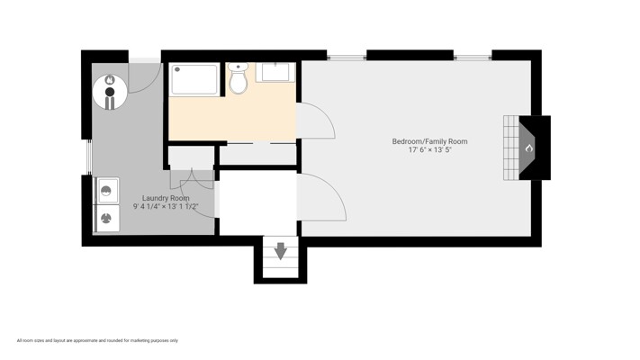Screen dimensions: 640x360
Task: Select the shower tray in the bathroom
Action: (x=194, y=79)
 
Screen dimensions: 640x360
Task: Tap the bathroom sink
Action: (x=275, y=72)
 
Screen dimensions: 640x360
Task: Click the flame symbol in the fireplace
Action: (x=529, y=148)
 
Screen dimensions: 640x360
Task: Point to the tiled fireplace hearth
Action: (x=510, y=148)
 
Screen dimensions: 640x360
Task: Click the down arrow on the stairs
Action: (x=281, y=251)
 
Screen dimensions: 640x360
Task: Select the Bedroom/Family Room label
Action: (x=429, y=141)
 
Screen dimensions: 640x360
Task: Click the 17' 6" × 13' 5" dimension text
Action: (x=429, y=149)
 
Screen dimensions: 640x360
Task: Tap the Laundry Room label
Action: (x=166, y=198)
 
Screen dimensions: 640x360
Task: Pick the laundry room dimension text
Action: (x=166, y=206)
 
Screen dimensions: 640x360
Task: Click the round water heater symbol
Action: (x=110, y=92)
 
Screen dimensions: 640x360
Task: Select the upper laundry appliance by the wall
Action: (x=106, y=191)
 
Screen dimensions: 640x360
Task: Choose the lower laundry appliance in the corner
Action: (x=106, y=219)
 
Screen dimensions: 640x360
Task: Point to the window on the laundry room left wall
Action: (x=89, y=157)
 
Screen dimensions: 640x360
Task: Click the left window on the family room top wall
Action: (x=347, y=57)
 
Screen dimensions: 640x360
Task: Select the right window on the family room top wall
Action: (x=473, y=57)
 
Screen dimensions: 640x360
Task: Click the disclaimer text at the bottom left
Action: (x=97, y=340)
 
